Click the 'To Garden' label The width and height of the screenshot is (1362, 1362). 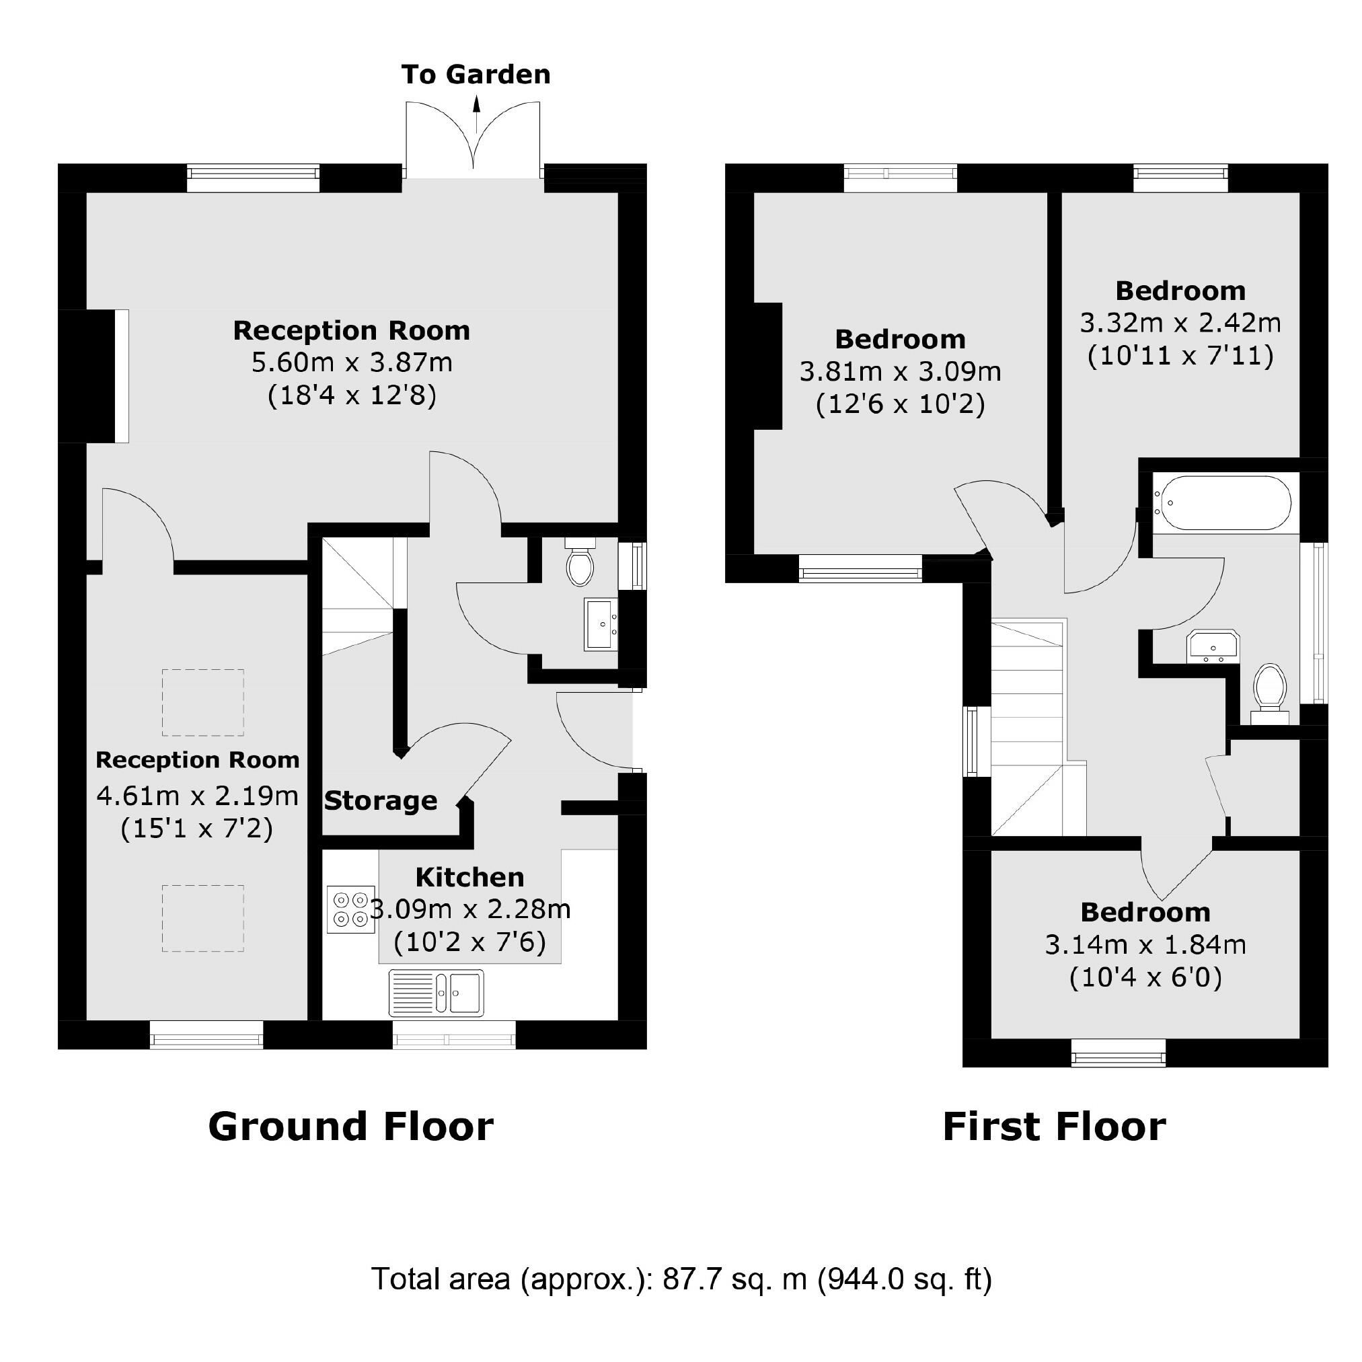[x=476, y=75]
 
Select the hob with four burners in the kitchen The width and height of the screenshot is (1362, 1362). [x=351, y=909]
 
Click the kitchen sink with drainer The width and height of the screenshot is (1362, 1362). [x=437, y=993]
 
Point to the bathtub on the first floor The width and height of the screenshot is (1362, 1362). [x=1221, y=502]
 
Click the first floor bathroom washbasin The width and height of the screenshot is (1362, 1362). [x=1213, y=646]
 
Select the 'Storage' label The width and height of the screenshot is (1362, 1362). [x=381, y=801]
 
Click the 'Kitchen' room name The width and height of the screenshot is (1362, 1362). [x=469, y=877]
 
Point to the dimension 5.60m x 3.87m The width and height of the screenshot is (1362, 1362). [x=352, y=363]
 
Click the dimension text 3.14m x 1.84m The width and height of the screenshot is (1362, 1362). [x=1145, y=945]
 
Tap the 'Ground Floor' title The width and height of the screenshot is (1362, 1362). [x=350, y=1127]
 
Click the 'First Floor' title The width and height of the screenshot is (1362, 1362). [x=1054, y=1127]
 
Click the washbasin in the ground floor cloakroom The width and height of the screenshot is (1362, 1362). [x=601, y=624]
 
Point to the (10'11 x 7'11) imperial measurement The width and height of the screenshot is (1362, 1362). [x=1180, y=355]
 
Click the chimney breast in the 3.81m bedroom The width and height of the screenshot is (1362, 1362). [x=768, y=366]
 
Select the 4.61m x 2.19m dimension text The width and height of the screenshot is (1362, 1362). [x=197, y=796]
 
